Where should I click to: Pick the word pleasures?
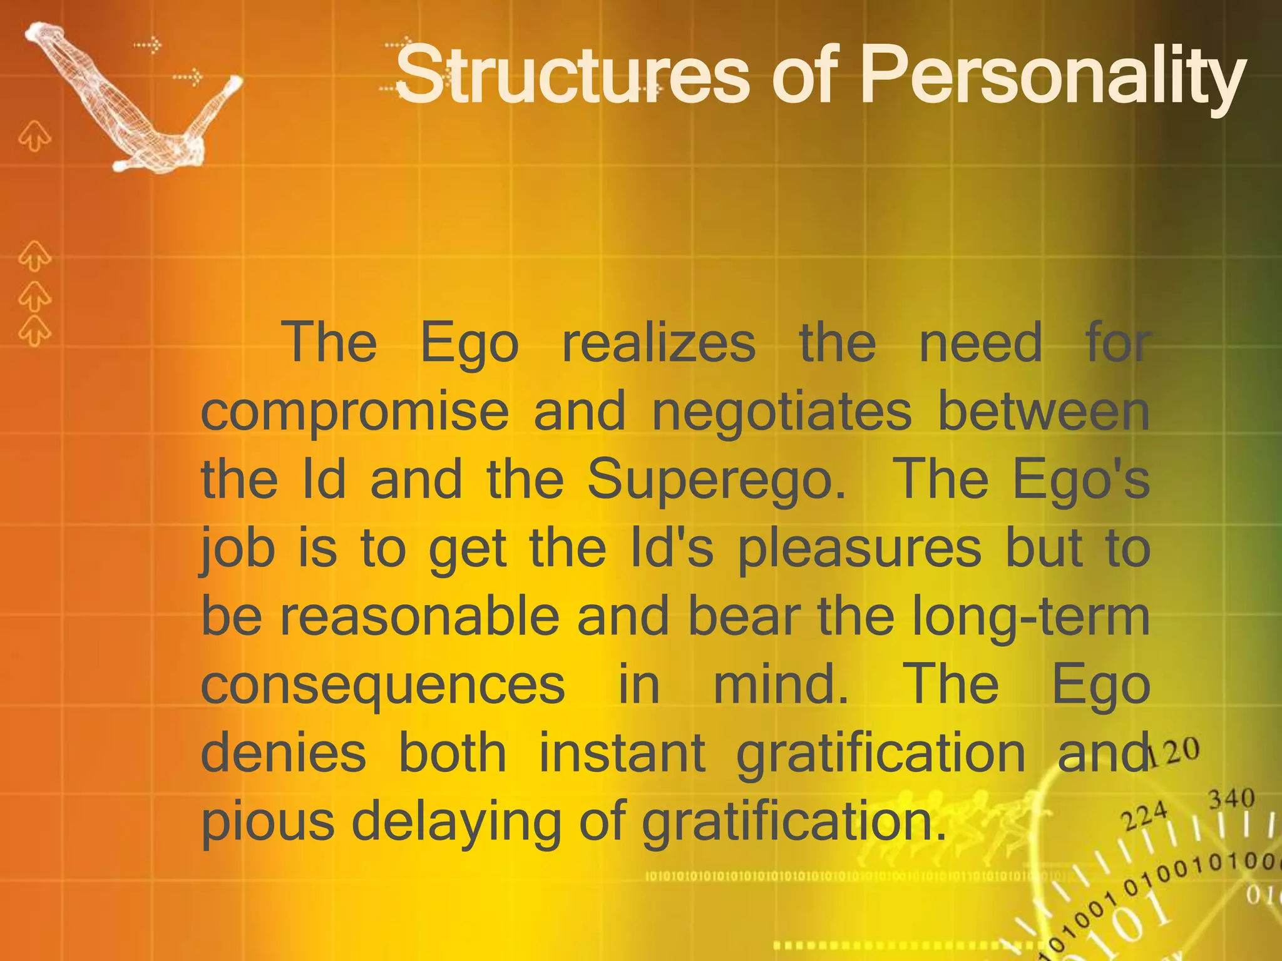(859, 549)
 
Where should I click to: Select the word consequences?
(382, 684)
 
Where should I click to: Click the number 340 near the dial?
(1231, 799)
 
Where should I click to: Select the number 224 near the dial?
(1144, 815)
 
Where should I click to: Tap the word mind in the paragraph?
(780, 684)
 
